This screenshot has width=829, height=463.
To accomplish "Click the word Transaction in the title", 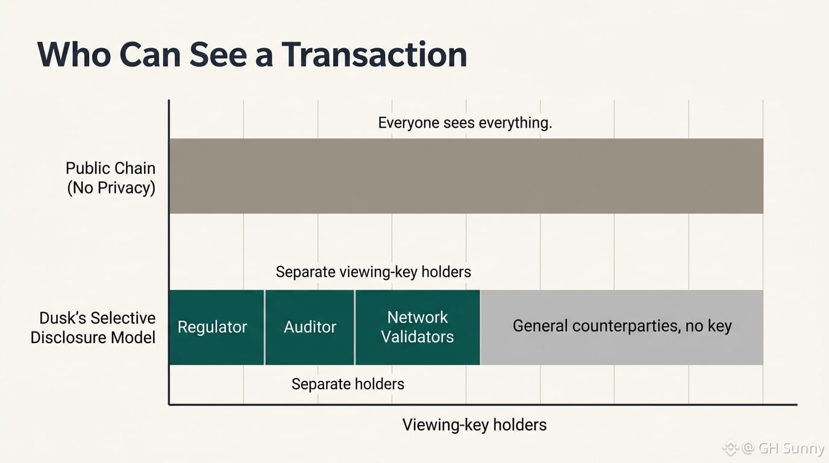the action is click(x=374, y=54).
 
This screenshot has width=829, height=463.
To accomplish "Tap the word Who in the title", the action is click(x=74, y=54).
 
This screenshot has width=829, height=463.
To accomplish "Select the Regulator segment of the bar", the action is click(x=216, y=327).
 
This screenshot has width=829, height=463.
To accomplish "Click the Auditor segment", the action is click(x=310, y=327).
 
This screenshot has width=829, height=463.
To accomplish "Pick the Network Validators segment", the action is click(x=418, y=327).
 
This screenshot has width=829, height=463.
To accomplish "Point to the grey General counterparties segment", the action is click(x=622, y=327).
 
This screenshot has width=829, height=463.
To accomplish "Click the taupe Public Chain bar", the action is click(x=466, y=176).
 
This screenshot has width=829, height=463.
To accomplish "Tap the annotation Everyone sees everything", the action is click(x=465, y=122).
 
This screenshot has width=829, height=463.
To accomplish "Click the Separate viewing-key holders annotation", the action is click(x=374, y=272).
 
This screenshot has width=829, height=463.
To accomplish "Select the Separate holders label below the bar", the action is click(x=348, y=384).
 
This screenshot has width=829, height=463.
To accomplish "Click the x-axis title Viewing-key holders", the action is click(x=475, y=425).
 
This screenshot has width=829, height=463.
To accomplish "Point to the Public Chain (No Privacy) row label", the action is click(x=111, y=178).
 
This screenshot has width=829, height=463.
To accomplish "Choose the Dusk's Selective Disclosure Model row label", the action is click(x=93, y=328).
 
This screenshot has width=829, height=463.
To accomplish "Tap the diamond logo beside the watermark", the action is click(x=731, y=448).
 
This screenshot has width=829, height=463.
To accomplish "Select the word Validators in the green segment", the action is click(x=418, y=337).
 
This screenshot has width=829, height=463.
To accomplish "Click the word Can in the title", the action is click(x=150, y=54).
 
